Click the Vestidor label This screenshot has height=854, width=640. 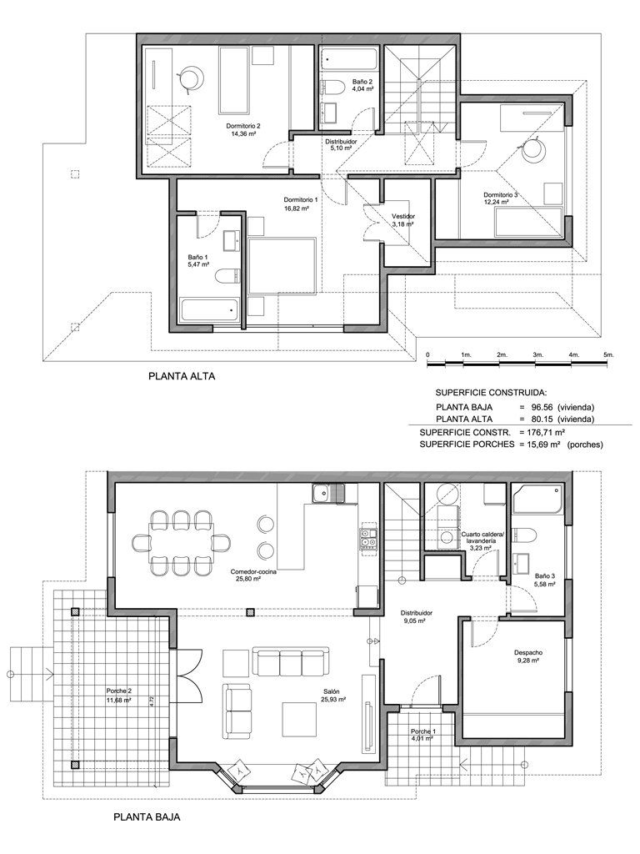(403, 216)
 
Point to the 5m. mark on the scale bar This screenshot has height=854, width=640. (608, 354)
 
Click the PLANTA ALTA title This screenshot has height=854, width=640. (182, 376)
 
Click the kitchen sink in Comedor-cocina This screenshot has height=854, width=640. (328, 494)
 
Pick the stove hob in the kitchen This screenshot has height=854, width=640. (367, 538)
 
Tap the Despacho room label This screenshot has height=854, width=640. (527, 652)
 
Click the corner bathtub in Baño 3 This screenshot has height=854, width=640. (537, 499)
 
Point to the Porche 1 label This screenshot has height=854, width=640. (422, 731)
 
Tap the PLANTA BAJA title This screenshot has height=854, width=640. (147, 817)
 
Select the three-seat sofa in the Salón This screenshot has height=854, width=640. (291, 661)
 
